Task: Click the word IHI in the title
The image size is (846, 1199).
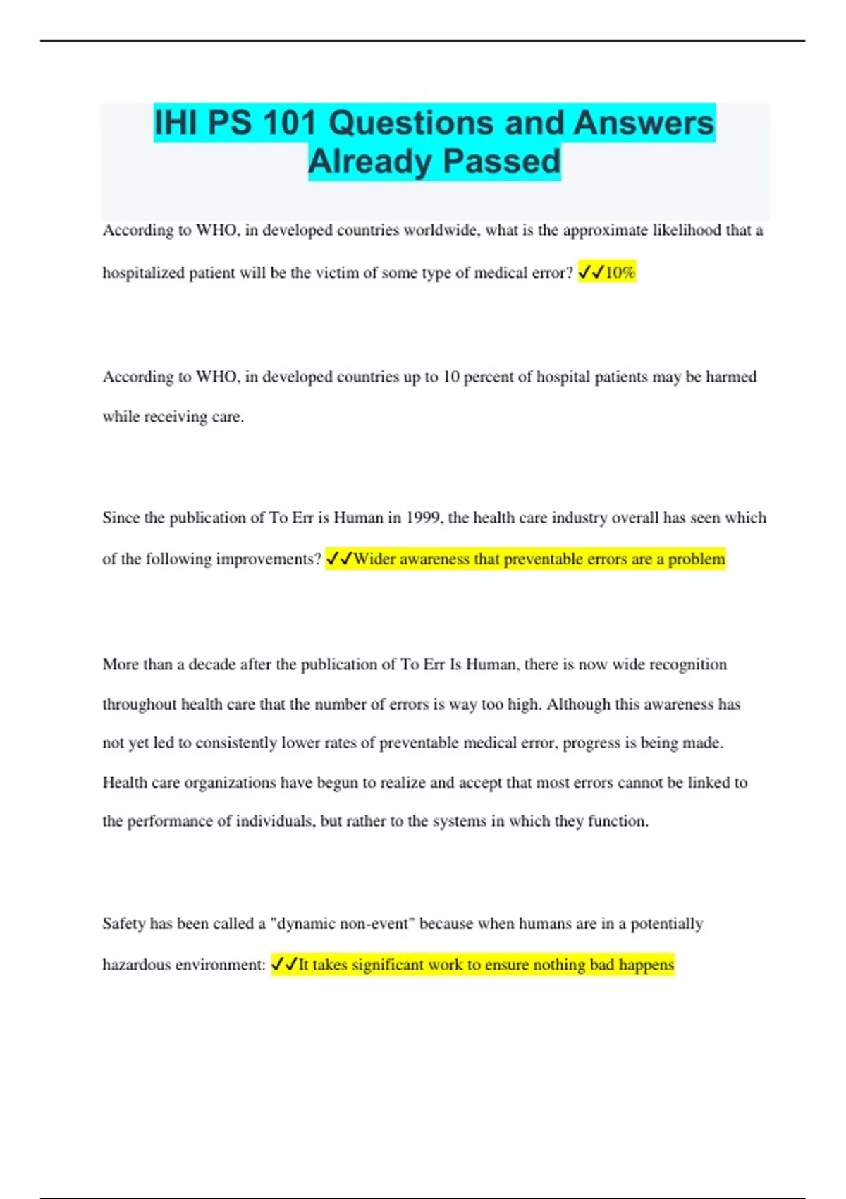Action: coord(176,123)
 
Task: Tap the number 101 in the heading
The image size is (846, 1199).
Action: coord(290,123)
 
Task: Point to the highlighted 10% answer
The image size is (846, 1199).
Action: coord(620,272)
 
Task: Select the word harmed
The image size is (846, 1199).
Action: coord(731,377)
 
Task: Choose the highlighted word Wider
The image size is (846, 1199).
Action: coord(374,559)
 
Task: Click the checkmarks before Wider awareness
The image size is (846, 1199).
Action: coord(339,559)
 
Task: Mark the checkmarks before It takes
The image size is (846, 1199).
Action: coord(284,965)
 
